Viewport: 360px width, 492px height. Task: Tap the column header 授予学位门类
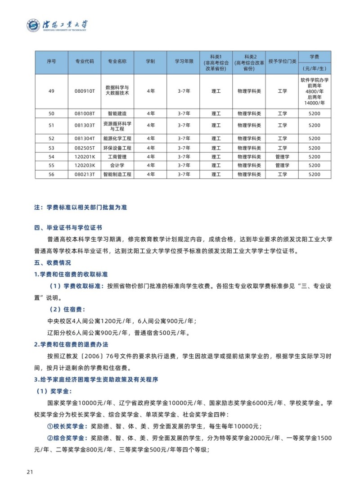click(x=282, y=62)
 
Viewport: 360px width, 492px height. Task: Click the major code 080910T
click(x=84, y=91)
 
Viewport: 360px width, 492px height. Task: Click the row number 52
click(x=51, y=139)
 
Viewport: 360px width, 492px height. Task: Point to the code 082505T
click(x=84, y=148)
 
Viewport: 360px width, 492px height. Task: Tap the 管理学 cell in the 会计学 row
click(x=282, y=166)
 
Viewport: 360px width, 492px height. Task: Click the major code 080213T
click(x=84, y=174)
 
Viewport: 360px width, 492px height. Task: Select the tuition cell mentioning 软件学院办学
click(x=315, y=91)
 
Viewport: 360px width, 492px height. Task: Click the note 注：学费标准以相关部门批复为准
click(x=81, y=208)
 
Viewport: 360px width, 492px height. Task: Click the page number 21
click(x=30, y=472)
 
